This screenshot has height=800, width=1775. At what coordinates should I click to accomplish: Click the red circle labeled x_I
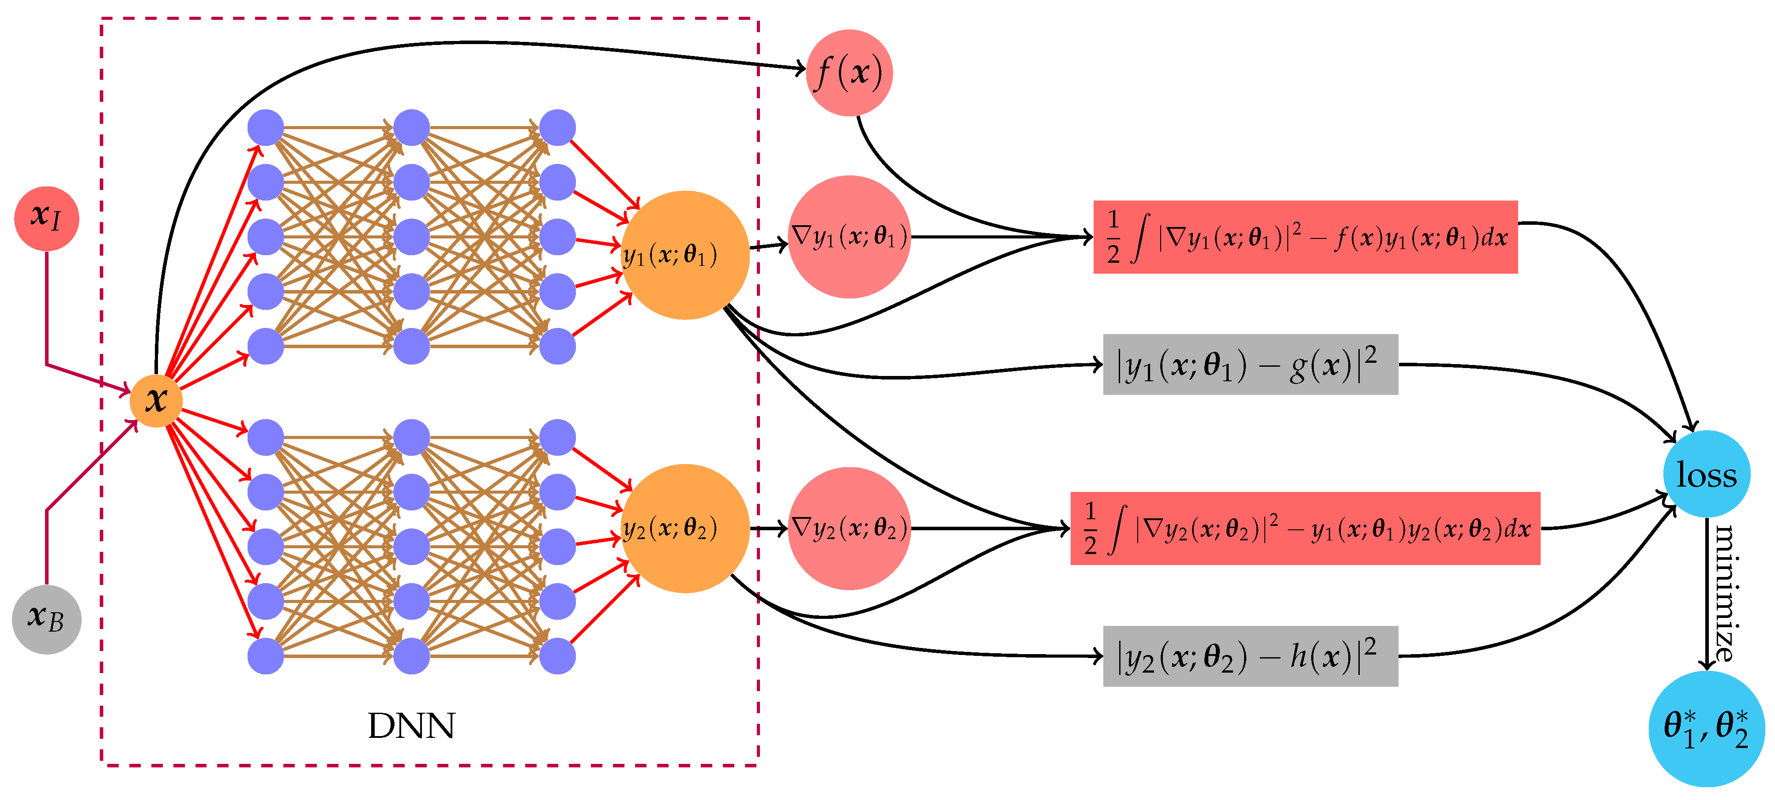pos(46,218)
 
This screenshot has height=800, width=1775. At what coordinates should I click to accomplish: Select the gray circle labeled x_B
pos(46,619)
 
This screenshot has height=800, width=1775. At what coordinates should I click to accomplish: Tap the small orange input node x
pos(156,400)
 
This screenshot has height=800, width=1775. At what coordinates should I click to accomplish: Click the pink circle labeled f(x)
pos(849,73)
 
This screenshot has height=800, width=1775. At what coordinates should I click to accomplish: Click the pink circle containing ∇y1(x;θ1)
pos(849,237)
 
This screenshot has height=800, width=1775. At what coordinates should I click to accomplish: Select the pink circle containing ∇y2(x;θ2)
pos(849,529)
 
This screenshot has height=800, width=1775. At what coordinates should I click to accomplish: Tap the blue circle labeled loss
pos(1706,474)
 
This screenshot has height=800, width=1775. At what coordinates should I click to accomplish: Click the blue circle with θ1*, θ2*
pos(1706,729)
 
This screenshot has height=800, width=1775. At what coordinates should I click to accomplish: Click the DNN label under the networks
pos(411,726)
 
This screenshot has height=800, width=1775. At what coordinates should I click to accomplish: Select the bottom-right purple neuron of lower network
pos(557,655)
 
